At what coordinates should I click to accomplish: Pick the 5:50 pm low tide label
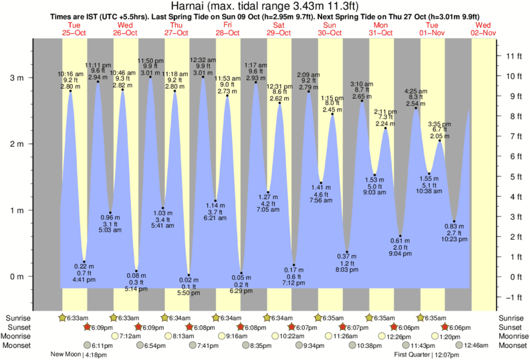[x=189, y=293]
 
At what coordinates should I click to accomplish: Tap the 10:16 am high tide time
[x=70, y=73]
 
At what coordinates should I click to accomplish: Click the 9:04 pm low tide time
[x=400, y=254]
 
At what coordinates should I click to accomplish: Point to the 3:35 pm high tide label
[x=439, y=124]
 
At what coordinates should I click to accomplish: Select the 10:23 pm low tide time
[x=454, y=238]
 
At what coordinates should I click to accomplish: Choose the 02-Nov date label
[x=484, y=32]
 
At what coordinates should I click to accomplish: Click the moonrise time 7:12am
[x=130, y=337]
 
